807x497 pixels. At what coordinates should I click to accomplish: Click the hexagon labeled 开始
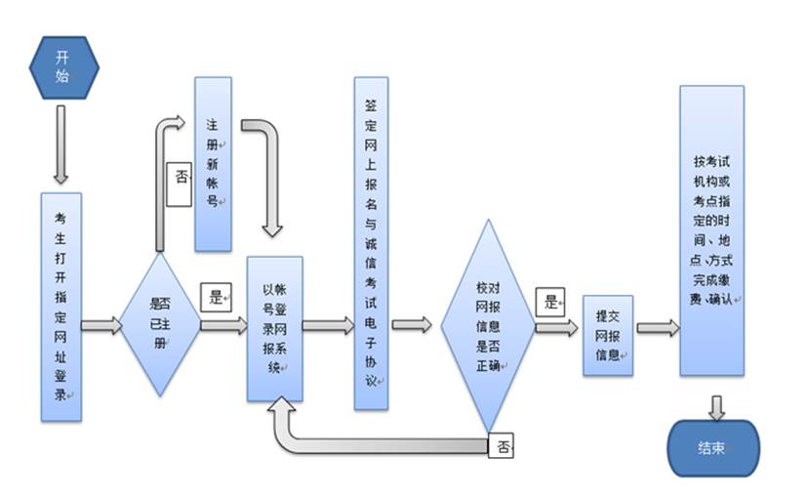coord(63,68)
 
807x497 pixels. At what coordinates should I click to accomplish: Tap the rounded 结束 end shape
coord(712,448)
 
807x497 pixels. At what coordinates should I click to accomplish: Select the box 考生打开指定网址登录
coord(61,307)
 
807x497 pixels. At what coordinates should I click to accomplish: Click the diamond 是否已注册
coord(159,324)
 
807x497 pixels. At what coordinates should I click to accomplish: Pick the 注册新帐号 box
coord(213,163)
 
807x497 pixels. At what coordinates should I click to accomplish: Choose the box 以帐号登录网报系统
coord(274,327)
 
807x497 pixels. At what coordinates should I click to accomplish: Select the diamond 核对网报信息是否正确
coord(487,325)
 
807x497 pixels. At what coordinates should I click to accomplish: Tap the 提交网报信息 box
coord(607,335)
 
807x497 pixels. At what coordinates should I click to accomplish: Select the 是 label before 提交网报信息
coord(552,303)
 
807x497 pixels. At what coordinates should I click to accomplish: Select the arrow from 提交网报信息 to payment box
coord(657,328)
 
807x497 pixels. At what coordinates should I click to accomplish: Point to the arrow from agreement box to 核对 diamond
coord(412,324)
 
